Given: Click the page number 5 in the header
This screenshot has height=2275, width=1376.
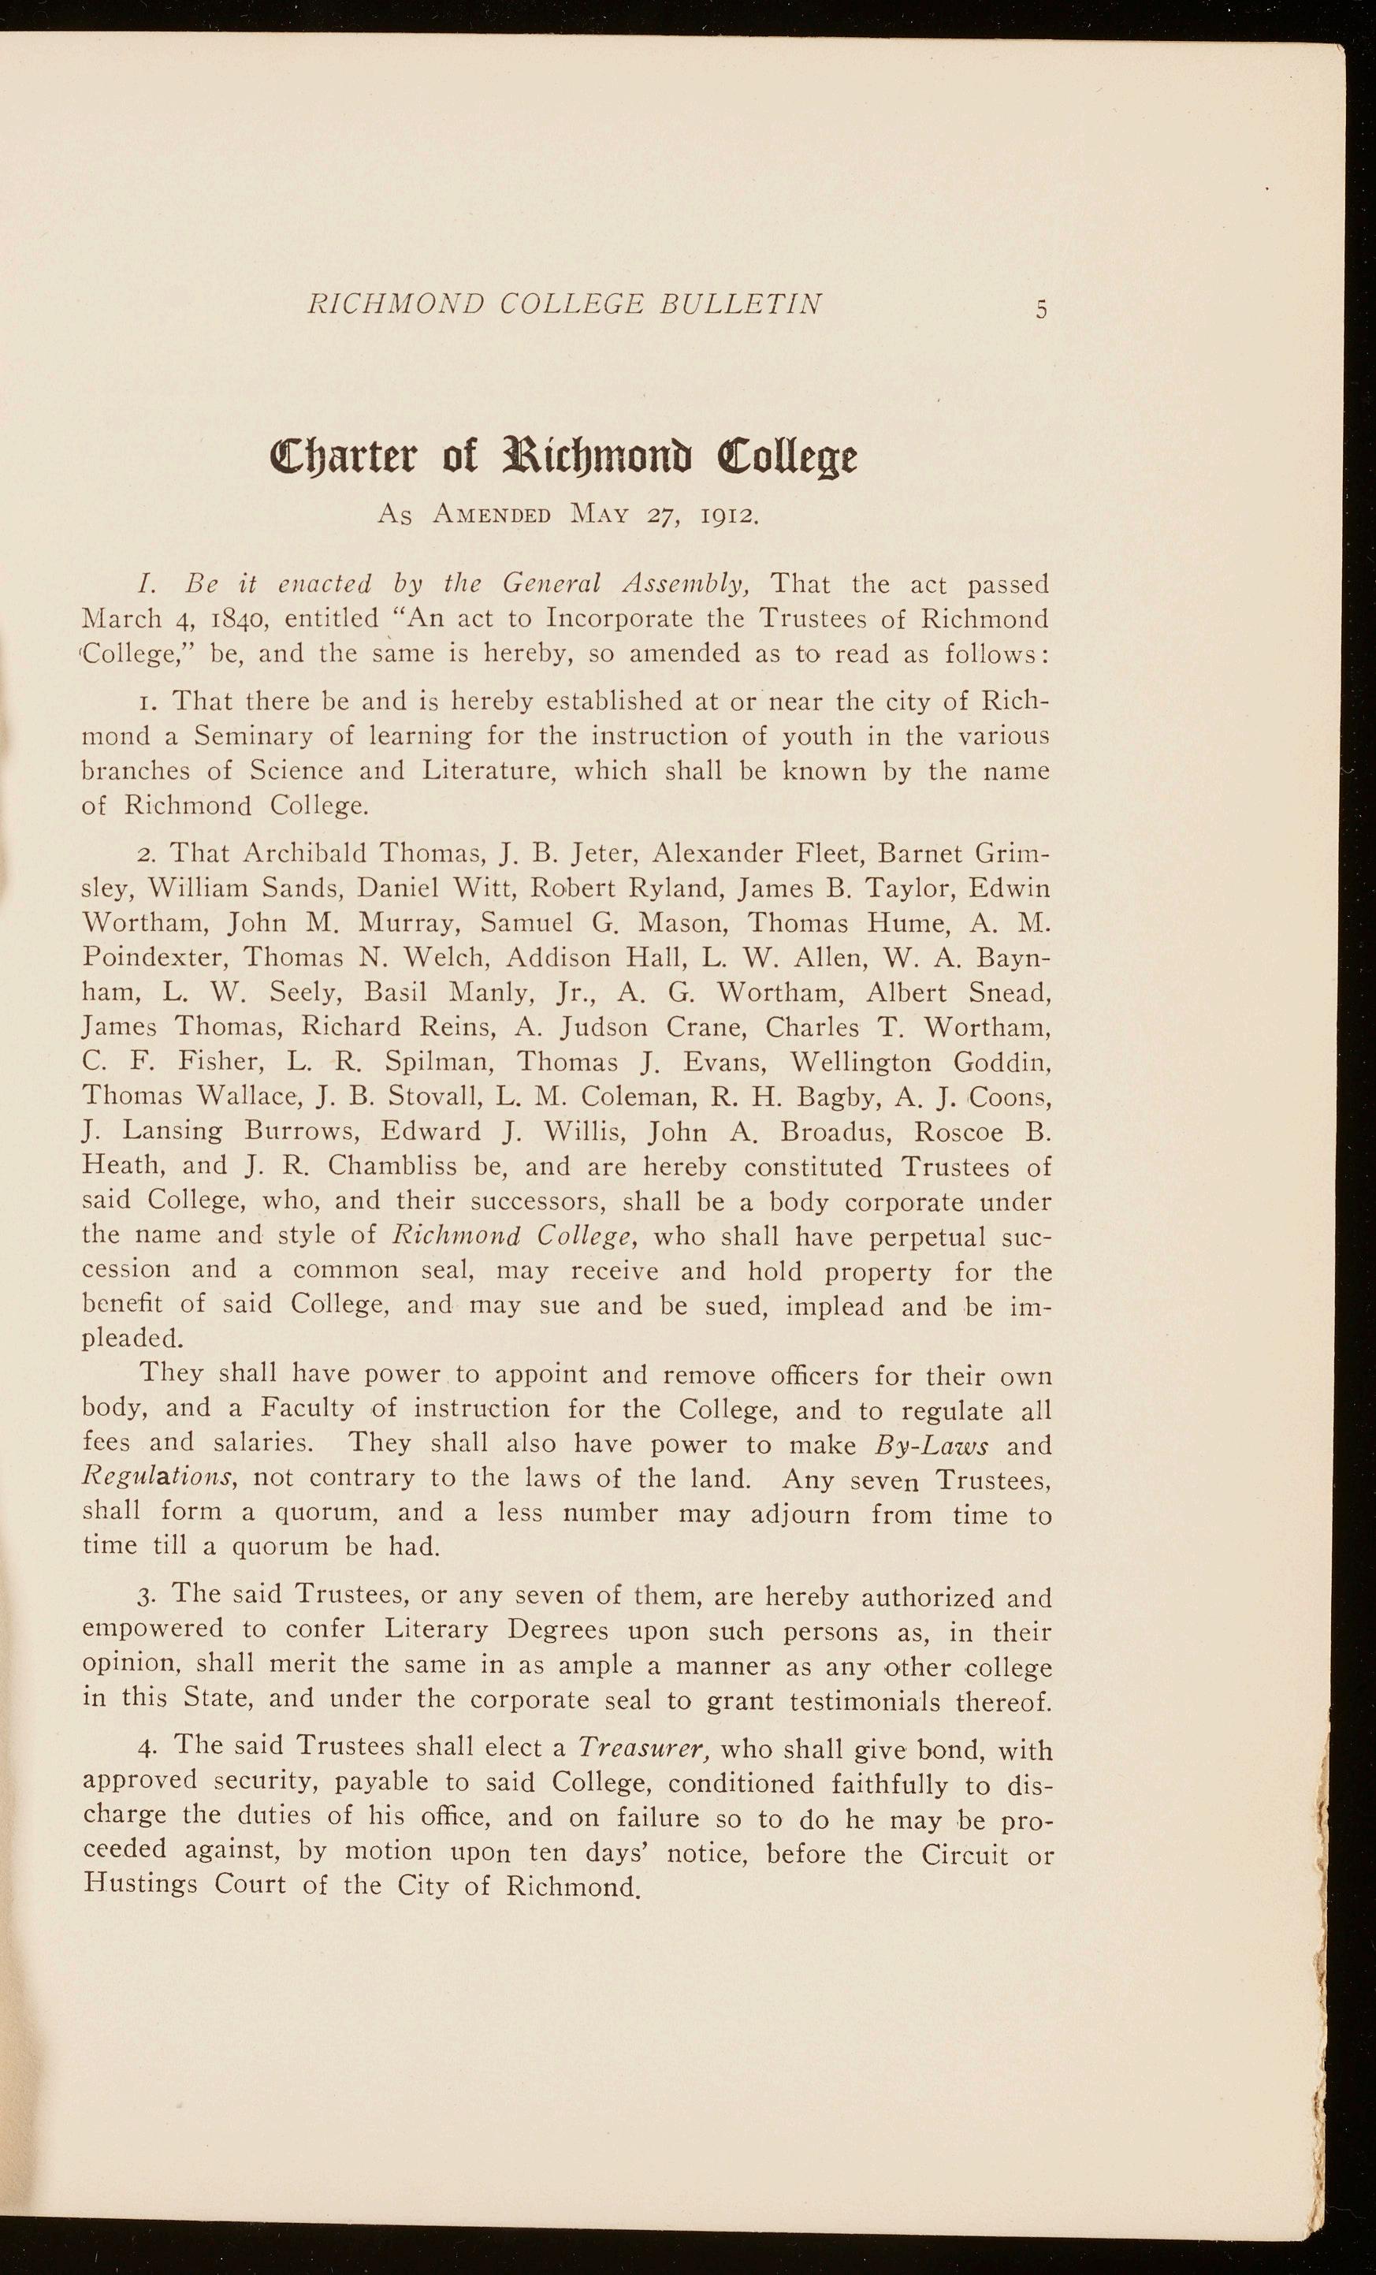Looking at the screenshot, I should pos(1041,311).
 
